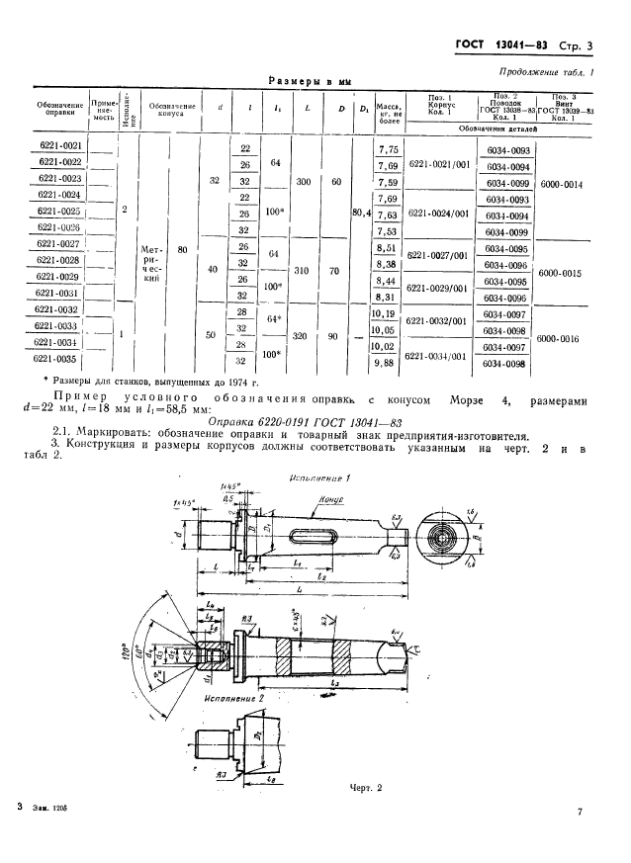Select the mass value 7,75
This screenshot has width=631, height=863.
(388, 148)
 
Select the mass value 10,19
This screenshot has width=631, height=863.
(387, 314)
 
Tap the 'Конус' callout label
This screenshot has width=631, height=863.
(329, 501)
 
